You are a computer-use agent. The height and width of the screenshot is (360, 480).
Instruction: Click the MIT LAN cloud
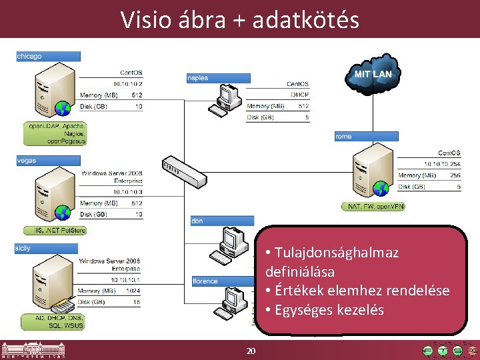click(x=372, y=75)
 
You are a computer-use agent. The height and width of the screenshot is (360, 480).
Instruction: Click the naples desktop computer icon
click(x=226, y=100)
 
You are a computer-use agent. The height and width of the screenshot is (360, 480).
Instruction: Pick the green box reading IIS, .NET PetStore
click(x=55, y=231)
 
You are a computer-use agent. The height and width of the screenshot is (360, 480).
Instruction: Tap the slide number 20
click(x=251, y=351)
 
